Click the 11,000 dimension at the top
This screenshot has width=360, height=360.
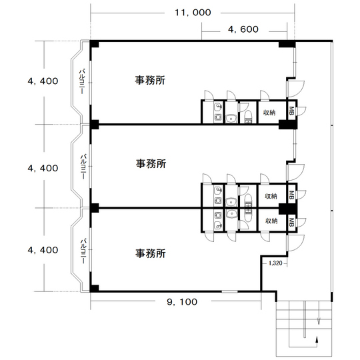[193, 13]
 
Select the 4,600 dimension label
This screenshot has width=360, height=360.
[243, 29]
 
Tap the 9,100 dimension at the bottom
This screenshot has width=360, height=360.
[182, 302]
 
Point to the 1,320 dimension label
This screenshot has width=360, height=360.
[275, 263]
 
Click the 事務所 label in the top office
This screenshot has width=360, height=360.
[150, 81]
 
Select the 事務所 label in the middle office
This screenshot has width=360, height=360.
[151, 164]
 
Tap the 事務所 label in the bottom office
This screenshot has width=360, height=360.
[151, 253]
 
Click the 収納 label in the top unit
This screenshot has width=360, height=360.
[269, 113]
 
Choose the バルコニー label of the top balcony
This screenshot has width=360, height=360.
[82, 81]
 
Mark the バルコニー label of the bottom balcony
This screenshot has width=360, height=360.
[83, 251]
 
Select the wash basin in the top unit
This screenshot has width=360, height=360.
[231, 119]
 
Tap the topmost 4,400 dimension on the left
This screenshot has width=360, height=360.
[43, 81]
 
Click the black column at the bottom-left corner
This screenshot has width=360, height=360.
[95, 289]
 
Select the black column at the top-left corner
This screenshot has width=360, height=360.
[95, 44]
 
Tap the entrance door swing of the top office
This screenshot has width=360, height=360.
[296, 89]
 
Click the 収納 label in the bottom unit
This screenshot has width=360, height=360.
[271, 221]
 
